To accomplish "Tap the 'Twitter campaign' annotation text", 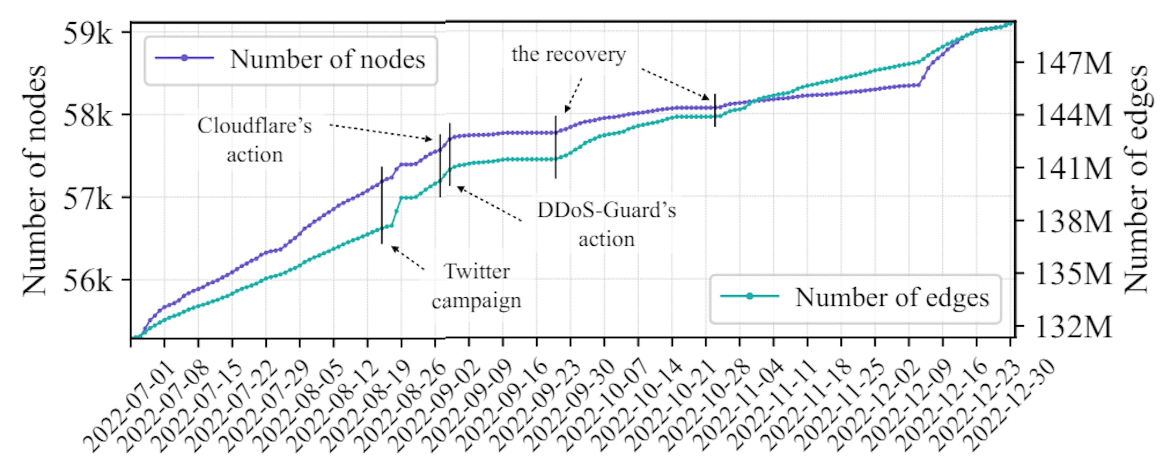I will point(476,285).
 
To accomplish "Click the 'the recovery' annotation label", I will point(568,54).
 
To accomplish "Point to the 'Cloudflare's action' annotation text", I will point(255,140).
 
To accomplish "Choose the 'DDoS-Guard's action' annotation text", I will point(606,224).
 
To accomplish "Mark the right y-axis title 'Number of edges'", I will point(1136,179).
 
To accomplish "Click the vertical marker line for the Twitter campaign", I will point(382,205).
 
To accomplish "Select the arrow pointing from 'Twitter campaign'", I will point(408,258).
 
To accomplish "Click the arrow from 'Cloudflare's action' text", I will point(380,132).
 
